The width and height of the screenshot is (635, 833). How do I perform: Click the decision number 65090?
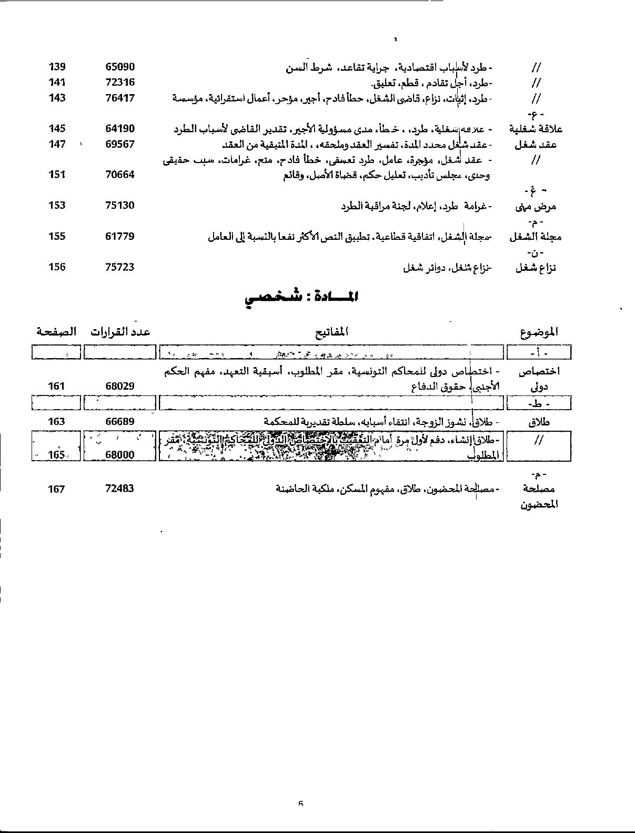point(120,67)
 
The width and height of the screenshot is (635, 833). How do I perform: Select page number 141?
point(57,83)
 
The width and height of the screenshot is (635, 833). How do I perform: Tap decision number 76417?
point(120,98)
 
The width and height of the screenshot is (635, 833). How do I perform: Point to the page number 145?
point(57,129)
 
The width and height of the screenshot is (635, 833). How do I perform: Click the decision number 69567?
point(120,144)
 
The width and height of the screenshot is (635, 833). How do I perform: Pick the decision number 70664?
point(120,175)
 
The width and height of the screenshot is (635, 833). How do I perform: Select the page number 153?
point(57,206)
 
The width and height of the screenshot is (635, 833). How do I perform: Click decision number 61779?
point(120,237)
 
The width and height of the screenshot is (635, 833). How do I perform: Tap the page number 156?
point(57,267)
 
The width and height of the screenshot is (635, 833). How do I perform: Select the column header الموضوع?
point(538,332)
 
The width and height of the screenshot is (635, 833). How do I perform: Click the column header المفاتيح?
point(331,332)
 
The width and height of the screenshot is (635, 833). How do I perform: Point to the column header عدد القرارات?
point(120,332)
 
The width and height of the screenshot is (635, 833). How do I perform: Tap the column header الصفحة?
point(56,332)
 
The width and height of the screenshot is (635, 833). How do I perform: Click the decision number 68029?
point(120,387)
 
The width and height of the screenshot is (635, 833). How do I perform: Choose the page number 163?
point(56,422)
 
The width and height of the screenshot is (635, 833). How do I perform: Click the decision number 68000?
point(120,455)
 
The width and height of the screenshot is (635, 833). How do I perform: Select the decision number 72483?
point(120,489)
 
